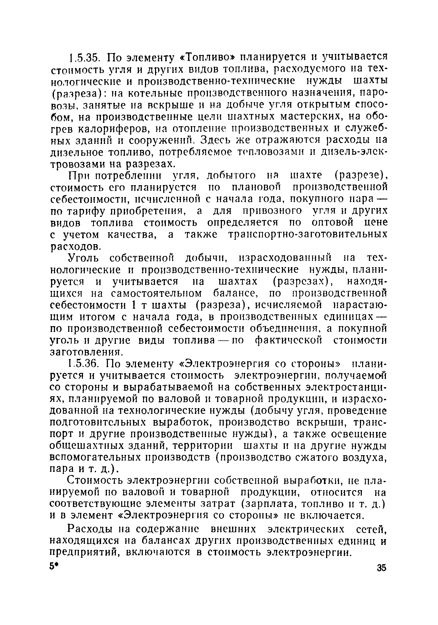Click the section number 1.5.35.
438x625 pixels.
pyautogui.click(x=85, y=57)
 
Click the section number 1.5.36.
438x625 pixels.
pyautogui.click(x=85, y=363)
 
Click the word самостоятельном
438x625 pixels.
pyautogui.click(x=157, y=293)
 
